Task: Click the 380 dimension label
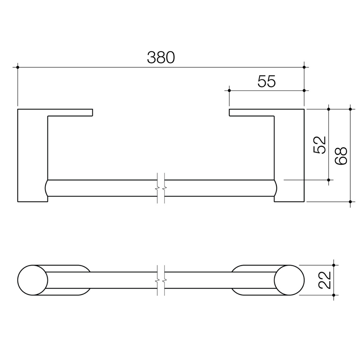[161, 57]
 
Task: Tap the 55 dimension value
[266, 82]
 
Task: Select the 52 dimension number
[320, 144]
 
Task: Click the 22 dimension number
[325, 280]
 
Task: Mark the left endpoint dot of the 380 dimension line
[17, 67]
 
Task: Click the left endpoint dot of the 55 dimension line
[229, 90]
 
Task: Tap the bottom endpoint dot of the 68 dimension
[350, 201]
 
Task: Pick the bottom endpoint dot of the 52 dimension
[328, 180]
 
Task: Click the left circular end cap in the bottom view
[33, 280]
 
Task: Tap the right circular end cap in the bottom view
[289, 280]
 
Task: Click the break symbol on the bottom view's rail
[161, 280]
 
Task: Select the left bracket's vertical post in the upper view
[32, 155]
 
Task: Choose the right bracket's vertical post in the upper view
[289, 155]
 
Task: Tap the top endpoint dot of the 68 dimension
[350, 109]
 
